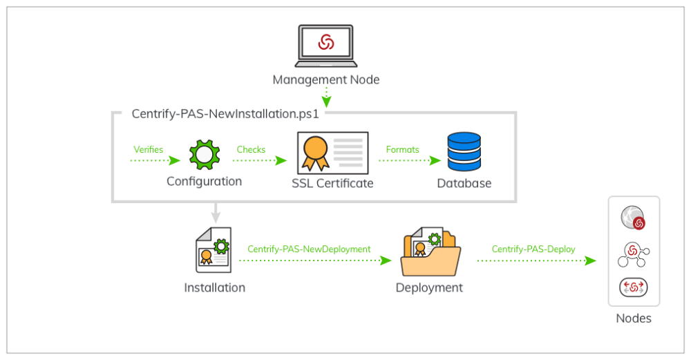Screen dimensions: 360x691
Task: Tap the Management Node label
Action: pos(325,79)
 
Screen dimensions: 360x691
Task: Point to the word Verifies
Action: pos(148,149)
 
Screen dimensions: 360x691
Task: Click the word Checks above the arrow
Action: pos(251,149)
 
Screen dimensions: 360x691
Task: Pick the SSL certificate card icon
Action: pos(332,153)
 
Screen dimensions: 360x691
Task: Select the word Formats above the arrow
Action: pos(402,149)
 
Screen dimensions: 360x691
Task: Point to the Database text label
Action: pos(464,183)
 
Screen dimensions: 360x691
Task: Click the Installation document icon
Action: pos(214,253)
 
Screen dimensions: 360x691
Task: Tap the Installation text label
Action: pos(214,287)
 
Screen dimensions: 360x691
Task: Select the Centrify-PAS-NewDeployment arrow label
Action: pos(309,249)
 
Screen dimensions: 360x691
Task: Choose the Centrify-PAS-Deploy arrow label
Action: pos(533,249)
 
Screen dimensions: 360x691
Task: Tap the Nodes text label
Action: pos(633,319)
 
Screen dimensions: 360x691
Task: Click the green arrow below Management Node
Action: pos(325,96)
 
